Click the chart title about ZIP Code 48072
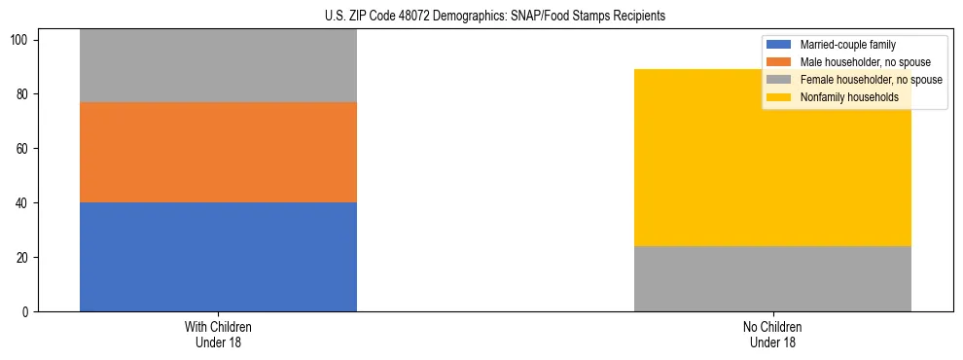495,17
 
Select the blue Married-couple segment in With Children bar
218,257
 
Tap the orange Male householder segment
218,152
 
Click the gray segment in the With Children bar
218,66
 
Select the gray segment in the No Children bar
772,278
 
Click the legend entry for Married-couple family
847,45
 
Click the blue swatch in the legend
779,45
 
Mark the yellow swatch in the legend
779,97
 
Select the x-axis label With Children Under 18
218,334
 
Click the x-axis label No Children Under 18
772,334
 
